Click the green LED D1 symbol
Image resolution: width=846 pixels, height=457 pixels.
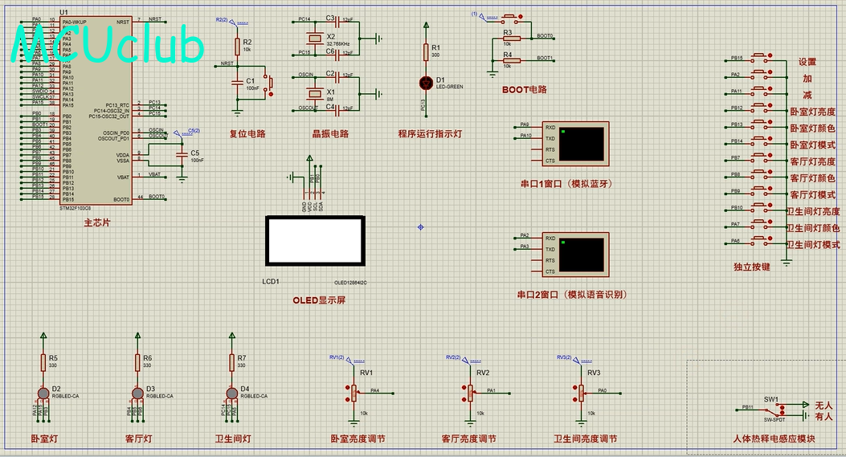pos(427,82)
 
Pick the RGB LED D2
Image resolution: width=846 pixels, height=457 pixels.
pos(43,392)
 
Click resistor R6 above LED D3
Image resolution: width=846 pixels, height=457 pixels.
pos(137,362)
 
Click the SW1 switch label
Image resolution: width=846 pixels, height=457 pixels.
pos(771,399)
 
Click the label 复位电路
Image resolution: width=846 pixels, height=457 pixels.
pos(247,134)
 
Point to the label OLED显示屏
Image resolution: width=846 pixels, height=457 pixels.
pos(319,300)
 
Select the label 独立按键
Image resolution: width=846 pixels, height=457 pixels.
pos(751,267)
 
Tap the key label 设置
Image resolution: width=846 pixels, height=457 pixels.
pos(807,62)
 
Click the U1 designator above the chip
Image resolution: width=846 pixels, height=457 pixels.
pos(64,14)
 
